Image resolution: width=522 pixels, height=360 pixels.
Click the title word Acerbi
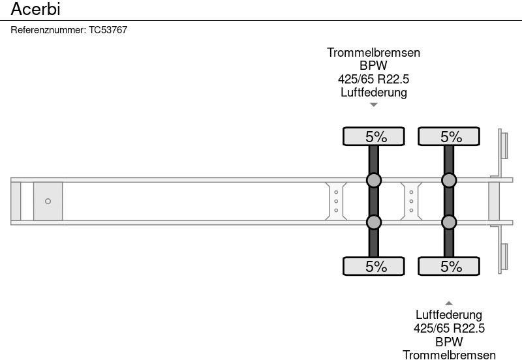36,9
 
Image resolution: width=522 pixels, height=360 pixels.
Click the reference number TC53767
108,30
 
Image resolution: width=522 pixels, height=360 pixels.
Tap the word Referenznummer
48,30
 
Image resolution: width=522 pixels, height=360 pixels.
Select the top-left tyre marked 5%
374,136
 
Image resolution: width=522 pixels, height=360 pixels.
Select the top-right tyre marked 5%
449,136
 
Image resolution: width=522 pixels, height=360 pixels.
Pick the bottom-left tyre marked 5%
374,266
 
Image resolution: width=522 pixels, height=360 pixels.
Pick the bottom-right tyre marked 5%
449,266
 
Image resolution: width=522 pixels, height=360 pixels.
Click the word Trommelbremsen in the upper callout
373,53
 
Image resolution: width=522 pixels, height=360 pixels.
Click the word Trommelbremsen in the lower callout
449,355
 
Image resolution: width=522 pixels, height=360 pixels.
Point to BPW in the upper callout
373,66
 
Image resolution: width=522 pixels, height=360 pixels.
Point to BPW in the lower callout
449,342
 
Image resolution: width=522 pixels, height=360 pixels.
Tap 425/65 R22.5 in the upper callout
373,79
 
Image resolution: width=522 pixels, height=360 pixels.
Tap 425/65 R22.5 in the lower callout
449,329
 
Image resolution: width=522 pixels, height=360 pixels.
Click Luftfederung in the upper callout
373,92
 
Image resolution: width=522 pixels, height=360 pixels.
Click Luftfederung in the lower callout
449,316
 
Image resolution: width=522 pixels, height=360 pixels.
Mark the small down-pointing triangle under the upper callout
374,104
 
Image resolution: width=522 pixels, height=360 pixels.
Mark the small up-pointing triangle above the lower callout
449,303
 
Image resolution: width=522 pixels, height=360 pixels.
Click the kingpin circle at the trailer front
48,202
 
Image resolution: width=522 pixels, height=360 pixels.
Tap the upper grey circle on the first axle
374,180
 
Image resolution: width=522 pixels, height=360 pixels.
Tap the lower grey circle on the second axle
449,222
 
